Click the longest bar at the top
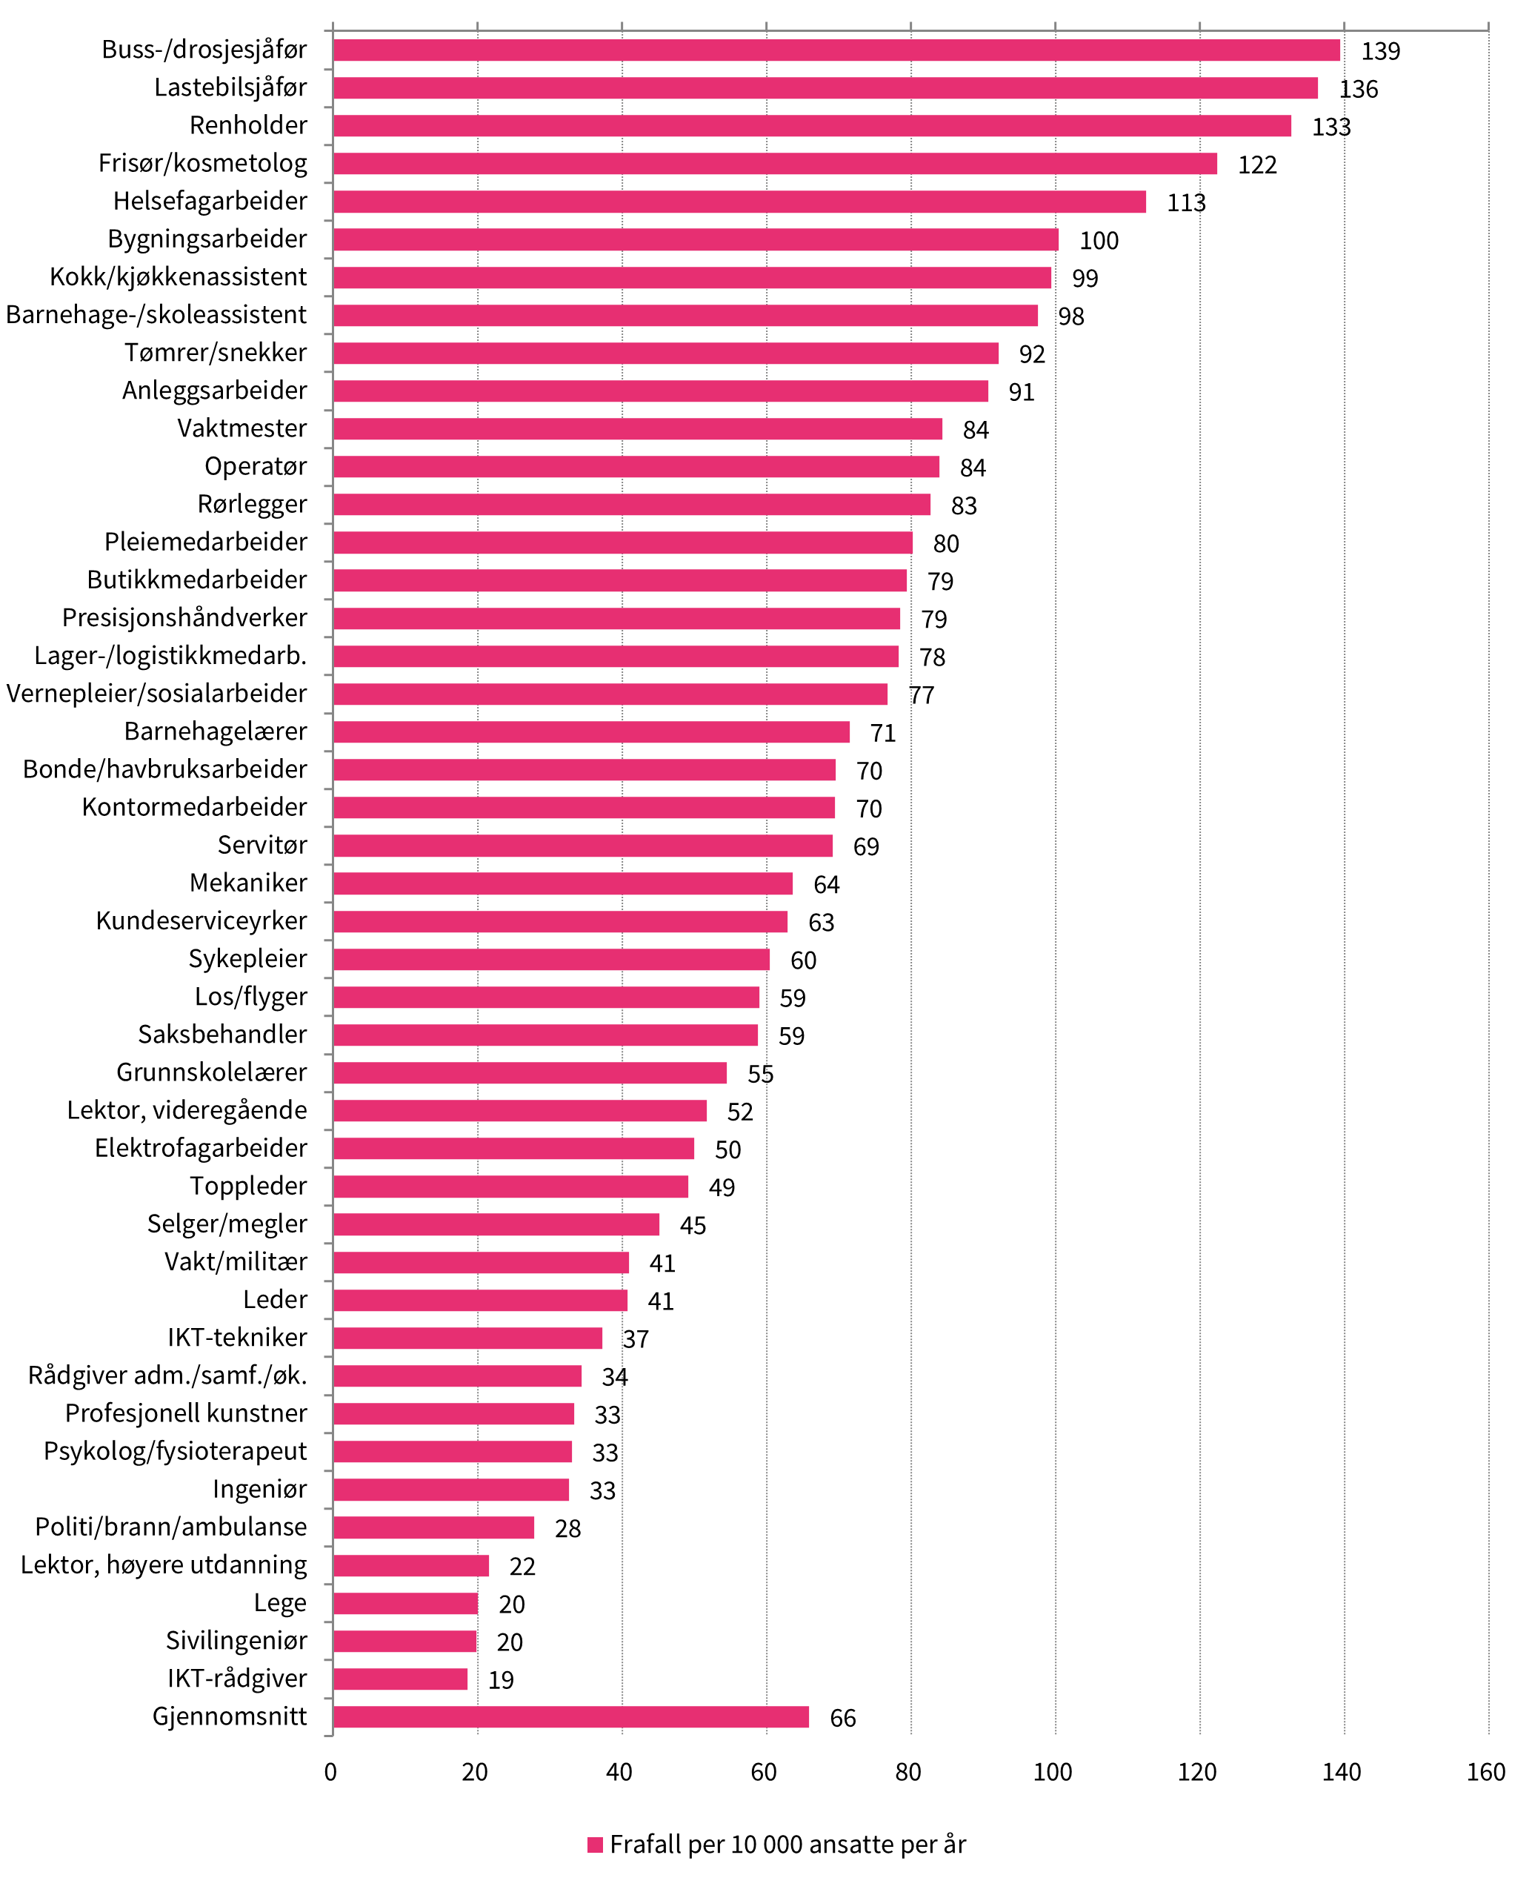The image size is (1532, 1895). coord(836,50)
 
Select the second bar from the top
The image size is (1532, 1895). coord(825,88)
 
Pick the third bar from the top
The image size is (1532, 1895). coord(812,126)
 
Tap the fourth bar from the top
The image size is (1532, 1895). coord(775,165)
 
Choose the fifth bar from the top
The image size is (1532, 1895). coord(739,202)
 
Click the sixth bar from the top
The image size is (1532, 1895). coord(696,240)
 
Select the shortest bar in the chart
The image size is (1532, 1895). coord(401,1679)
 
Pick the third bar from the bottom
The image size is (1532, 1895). coord(405,1642)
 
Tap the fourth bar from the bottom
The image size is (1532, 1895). coord(406,1604)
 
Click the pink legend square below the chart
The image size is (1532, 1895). coord(595,1845)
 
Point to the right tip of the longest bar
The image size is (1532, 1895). coord(1339,50)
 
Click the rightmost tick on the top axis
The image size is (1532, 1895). coord(1489,27)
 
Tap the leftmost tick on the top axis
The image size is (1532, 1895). coord(333,27)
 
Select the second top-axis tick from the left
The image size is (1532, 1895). coord(477,27)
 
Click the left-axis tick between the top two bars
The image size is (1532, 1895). coord(328,69)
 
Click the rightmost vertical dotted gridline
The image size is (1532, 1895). coord(1489,883)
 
